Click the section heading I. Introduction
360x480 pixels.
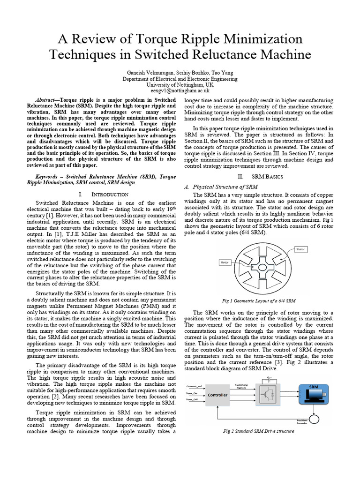(104, 194)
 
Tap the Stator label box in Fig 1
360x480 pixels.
(300, 249)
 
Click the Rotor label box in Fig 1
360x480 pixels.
(226, 262)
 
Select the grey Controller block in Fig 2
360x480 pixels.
(217, 395)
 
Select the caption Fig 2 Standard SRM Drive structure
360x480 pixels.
(259, 431)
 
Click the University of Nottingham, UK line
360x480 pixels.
(180, 85)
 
